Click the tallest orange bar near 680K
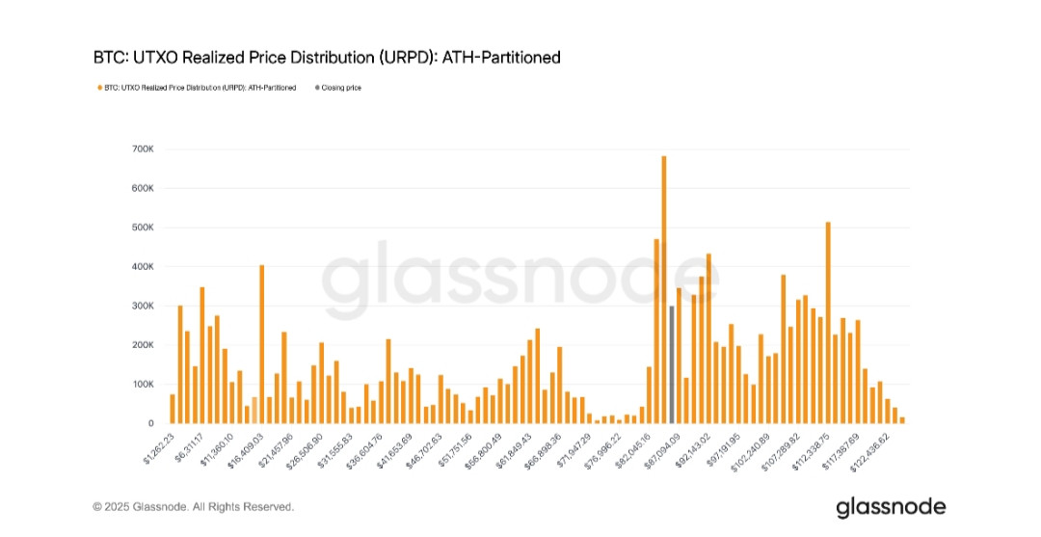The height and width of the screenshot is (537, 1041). tap(664, 289)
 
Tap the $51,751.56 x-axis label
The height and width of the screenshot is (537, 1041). tap(457, 448)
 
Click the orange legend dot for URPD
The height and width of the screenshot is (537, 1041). tap(98, 88)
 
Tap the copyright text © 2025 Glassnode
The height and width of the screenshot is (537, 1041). tap(193, 506)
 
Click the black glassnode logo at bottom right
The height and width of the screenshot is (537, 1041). tap(891, 506)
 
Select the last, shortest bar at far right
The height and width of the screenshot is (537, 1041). tap(902, 419)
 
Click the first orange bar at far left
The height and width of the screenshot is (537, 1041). tap(173, 409)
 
